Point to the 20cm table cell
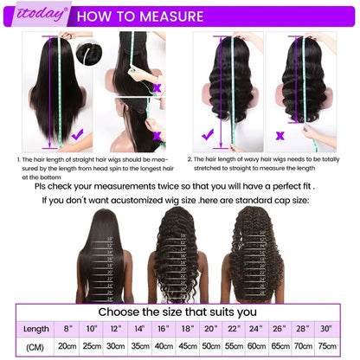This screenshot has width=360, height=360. [x=67, y=345]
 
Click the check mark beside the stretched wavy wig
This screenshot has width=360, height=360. [x=208, y=135]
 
